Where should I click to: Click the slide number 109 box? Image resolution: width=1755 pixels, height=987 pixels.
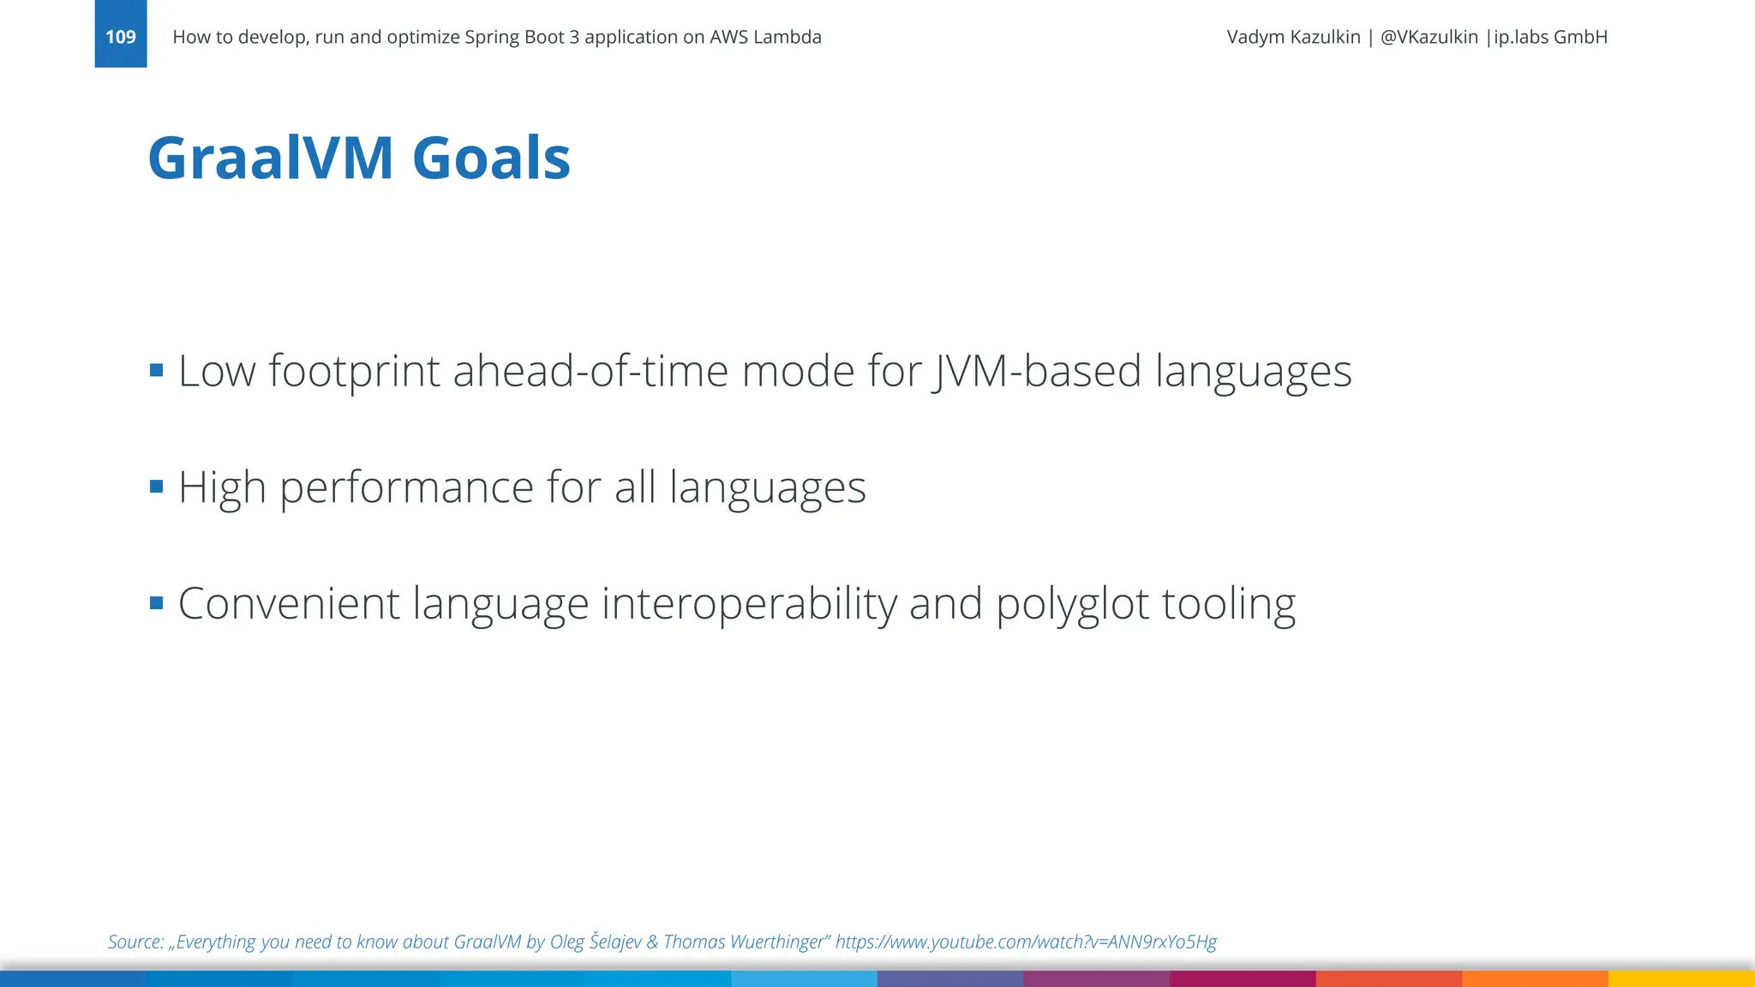click(x=121, y=36)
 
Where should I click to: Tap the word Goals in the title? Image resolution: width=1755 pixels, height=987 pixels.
click(x=491, y=159)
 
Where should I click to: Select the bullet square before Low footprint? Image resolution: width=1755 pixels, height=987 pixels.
click(x=156, y=370)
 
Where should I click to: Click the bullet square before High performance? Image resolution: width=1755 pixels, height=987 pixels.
click(x=156, y=487)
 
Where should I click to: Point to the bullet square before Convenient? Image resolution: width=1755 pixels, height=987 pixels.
click(x=156, y=603)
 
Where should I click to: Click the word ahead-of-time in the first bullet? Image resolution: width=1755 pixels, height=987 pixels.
click(x=590, y=372)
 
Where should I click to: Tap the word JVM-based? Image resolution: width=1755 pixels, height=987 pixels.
click(x=1037, y=372)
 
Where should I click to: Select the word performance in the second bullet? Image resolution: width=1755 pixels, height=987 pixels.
click(x=406, y=488)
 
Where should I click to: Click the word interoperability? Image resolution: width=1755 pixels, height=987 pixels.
click(x=749, y=603)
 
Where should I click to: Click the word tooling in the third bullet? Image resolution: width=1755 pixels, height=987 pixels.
click(x=1229, y=605)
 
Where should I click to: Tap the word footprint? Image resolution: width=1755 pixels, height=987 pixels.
click(x=354, y=372)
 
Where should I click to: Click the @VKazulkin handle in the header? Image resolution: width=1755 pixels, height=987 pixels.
click(x=1429, y=37)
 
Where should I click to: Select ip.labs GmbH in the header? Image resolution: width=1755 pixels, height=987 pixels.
click(x=1550, y=37)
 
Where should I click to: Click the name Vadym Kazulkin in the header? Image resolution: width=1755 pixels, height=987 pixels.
click(x=1293, y=37)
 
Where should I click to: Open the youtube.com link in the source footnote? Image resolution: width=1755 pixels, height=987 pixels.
click(x=1026, y=942)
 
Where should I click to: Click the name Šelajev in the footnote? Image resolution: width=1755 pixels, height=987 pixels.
click(x=615, y=942)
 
